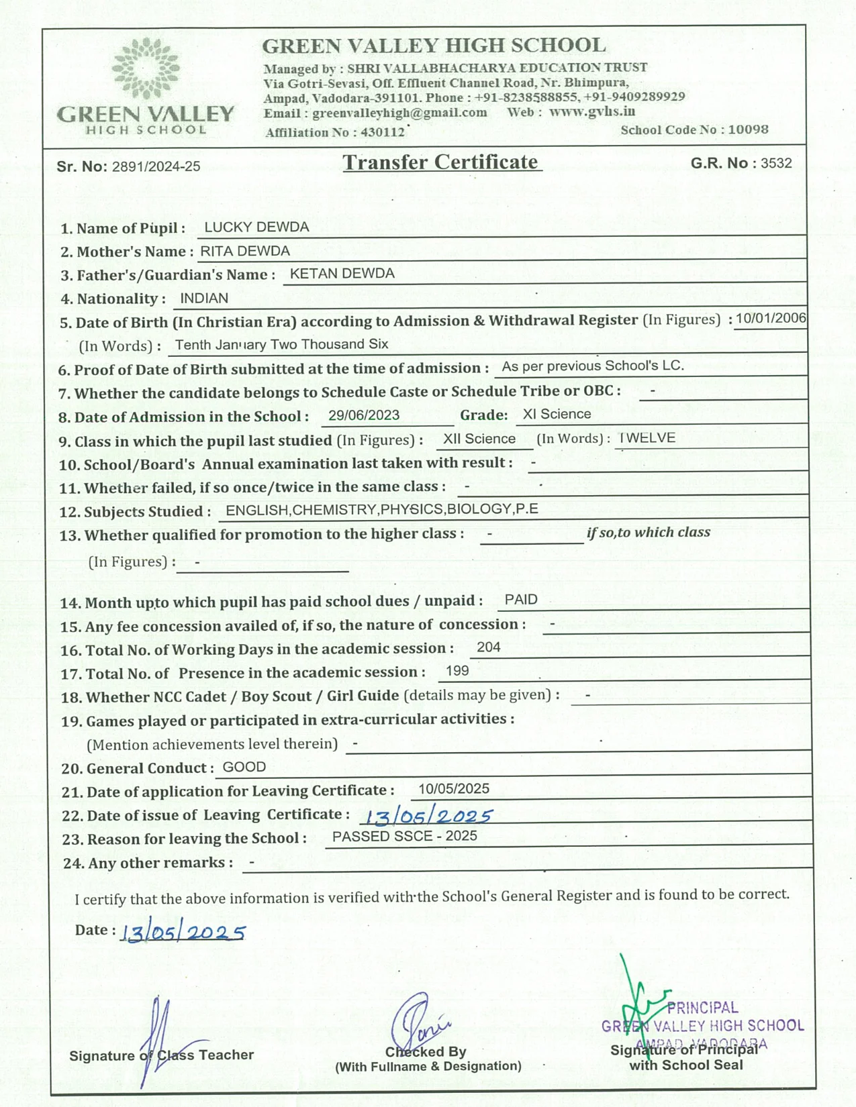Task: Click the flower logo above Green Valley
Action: (x=146, y=68)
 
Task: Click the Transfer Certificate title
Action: (x=441, y=162)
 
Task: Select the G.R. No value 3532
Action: (x=776, y=163)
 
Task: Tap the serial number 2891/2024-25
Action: (x=156, y=166)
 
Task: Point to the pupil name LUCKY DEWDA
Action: (x=256, y=227)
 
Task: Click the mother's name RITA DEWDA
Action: (x=245, y=251)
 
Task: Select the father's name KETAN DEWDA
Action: (x=342, y=274)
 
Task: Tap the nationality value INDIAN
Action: (x=204, y=298)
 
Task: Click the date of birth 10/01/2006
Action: (x=770, y=318)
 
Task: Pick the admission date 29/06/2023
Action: (x=364, y=415)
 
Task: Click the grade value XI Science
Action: (x=557, y=414)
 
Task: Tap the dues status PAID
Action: (x=521, y=600)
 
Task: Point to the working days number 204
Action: (x=488, y=647)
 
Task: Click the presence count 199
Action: (x=457, y=671)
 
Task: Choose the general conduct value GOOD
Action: (x=244, y=767)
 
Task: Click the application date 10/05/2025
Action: (x=454, y=789)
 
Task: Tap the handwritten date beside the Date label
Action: (x=183, y=933)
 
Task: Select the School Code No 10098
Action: (x=748, y=129)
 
